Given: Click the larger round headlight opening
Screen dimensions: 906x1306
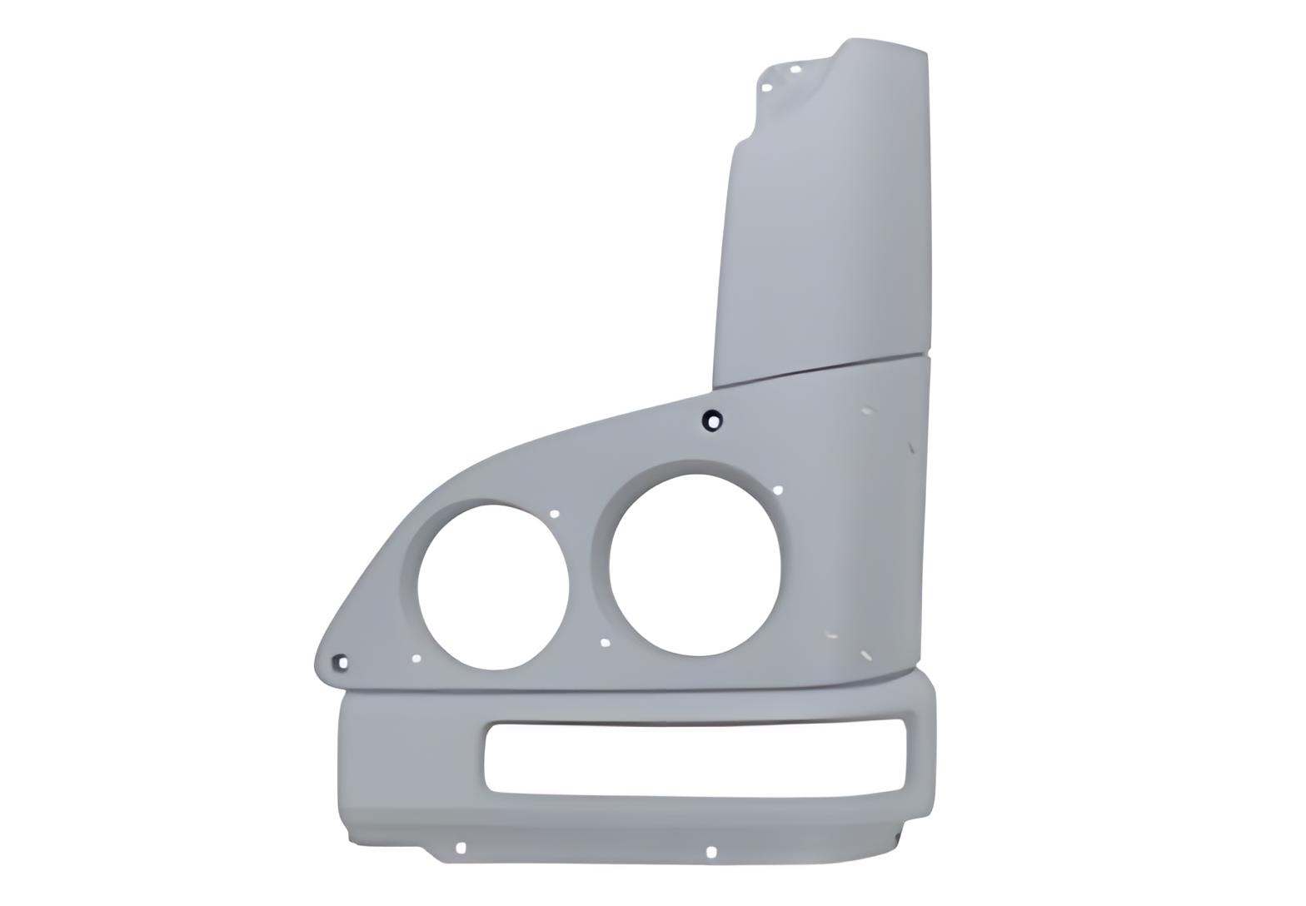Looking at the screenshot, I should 695,565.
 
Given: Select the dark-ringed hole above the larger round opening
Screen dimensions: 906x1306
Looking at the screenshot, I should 712,421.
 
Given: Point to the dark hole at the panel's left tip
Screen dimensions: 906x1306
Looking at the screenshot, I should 341,663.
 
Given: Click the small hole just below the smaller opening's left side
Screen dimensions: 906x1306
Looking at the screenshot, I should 416,659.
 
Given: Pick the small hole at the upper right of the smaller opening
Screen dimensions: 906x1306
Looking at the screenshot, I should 555,514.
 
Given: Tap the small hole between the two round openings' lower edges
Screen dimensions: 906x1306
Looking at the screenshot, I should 606,642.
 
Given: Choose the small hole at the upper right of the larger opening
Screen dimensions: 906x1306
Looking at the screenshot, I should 778,490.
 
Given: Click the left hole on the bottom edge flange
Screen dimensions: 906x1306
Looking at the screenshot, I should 461,848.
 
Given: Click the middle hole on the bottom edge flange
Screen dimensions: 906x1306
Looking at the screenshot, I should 710,851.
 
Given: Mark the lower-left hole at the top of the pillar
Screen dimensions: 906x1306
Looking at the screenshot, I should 766,87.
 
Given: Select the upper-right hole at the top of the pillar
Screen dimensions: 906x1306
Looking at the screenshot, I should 795,69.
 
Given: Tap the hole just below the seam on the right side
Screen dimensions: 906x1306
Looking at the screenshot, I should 867,411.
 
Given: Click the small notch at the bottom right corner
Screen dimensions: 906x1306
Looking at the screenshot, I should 900,836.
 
